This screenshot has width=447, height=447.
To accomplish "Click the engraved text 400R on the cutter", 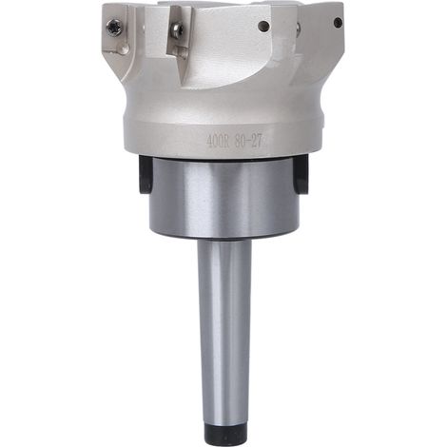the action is click(x=217, y=142).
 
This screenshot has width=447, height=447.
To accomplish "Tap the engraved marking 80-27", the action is click(x=248, y=142).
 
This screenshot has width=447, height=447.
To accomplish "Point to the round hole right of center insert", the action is click(x=264, y=26).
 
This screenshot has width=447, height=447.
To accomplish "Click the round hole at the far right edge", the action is click(x=339, y=23).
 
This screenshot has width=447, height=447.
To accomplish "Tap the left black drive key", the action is click(x=146, y=174).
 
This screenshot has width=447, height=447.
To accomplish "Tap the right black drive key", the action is click(x=301, y=174).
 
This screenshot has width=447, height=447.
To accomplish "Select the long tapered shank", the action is click(x=224, y=330).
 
